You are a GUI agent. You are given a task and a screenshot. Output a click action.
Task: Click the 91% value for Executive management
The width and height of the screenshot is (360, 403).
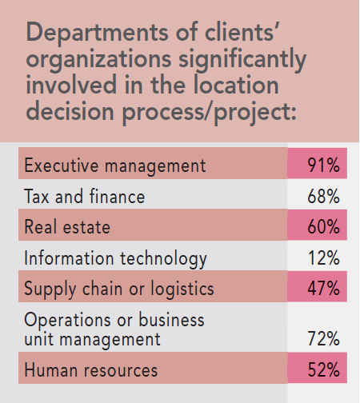click(324, 166)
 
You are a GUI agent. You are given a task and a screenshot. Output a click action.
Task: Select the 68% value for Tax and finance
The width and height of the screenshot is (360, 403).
click(324, 197)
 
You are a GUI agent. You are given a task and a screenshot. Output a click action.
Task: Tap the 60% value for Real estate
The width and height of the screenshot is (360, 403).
click(324, 228)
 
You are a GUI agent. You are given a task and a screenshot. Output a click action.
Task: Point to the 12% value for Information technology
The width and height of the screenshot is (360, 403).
click(324, 259)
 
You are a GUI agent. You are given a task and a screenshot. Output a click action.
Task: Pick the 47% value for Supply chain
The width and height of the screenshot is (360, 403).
click(324, 288)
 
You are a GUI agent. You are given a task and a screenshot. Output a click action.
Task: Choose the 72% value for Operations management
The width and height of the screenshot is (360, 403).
click(324, 340)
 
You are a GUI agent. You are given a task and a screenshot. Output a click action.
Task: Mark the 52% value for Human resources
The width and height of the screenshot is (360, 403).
click(324, 370)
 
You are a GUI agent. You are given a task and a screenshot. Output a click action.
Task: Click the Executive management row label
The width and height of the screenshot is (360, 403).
click(115, 166)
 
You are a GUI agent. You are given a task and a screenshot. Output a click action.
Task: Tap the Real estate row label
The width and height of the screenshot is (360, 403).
click(67, 228)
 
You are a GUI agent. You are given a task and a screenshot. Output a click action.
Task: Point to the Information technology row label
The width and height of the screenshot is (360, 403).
click(116, 259)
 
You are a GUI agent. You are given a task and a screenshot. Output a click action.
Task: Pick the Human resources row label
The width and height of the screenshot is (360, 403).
click(90, 370)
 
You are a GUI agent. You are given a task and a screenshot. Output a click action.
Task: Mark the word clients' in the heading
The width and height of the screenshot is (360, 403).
click(265, 34)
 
